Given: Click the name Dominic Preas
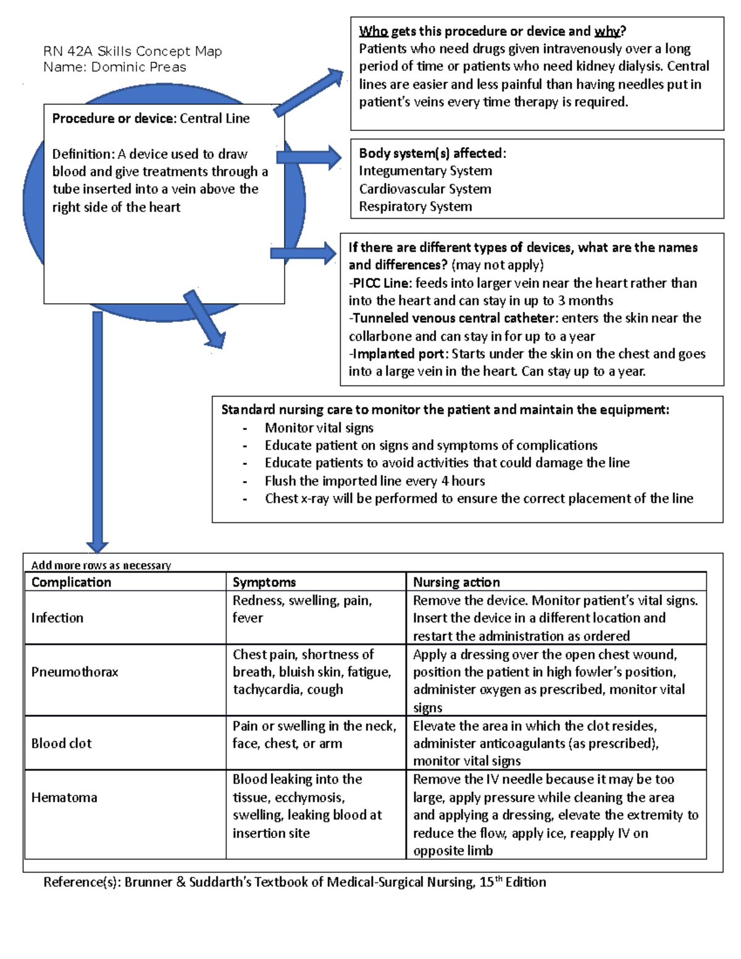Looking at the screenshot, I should pyautogui.click(x=138, y=67).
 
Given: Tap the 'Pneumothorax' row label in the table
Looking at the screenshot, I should pyautogui.click(x=75, y=672).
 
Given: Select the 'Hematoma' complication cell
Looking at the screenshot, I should pyautogui.click(x=64, y=797).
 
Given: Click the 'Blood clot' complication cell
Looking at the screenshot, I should pyautogui.click(x=61, y=743).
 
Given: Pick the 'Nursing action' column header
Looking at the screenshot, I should pyautogui.click(x=456, y=582).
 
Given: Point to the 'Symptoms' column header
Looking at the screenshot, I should pyautogui.click(x=264, y=582).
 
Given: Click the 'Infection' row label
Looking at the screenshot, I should pyautogui.click(x=57, y=618).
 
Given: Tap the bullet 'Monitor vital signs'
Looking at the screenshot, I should pyautogui.click(x=319, y=428).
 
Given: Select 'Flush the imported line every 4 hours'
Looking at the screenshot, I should pyautogui.click(x=374, y=481).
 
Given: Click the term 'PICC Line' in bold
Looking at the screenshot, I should pyautogui.click(x=381, y=283).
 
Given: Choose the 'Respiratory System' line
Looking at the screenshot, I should pyautogui.click(x=415, y=207).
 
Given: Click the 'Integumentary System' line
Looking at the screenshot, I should pyautogui.click(x=425, y=171).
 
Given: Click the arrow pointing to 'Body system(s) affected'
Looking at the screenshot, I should pyautogui.click(x=309, y=157).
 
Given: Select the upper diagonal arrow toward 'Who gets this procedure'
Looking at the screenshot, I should pyautogui.click(x=309, y=93).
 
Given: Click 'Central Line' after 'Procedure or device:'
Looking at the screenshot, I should pyautogui.click(x=214, y=119).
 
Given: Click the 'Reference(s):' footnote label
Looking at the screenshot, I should pyautogui.click(x=82, y=882).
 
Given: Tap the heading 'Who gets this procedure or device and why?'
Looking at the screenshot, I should pyautogui.click(x=492, y=31).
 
